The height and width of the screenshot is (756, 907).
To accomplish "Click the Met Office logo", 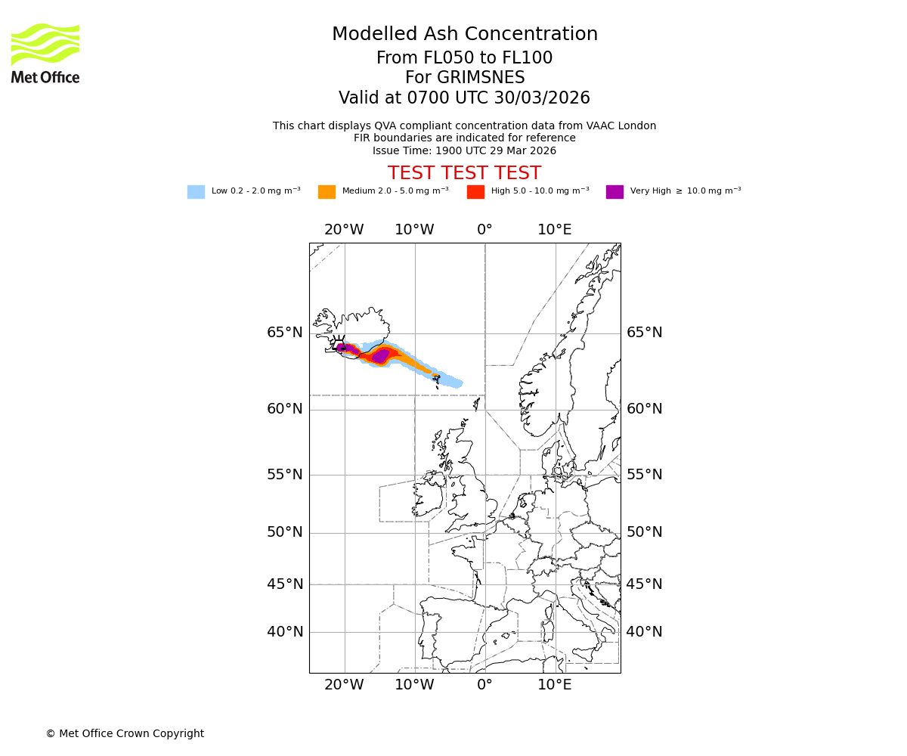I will pos(45,53).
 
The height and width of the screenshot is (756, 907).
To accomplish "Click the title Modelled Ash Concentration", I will pos(464,35).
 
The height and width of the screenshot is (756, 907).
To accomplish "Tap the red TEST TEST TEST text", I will pos(464,173).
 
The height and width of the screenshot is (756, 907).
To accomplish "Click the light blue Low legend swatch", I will pos(196,192).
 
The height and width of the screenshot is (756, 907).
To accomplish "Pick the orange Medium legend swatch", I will pos(327,192).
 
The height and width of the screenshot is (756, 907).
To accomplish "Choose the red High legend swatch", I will pos(475,192).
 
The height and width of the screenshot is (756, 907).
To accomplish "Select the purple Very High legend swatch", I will pos(614,192).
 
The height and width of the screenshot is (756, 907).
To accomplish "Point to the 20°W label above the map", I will pos(344,230).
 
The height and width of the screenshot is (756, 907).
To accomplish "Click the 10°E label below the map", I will pos(554,685).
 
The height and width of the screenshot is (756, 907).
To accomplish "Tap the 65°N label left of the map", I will pos(284,333).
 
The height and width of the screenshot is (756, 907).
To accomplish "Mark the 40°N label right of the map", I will pos(644,632).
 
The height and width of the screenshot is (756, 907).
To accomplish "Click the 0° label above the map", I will pos(484,230).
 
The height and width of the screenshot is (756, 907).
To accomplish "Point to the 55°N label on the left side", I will pos(284,475).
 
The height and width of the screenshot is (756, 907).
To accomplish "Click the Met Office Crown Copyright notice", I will pos(125,733).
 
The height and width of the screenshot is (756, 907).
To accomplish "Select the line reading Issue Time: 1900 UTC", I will pos(464,150).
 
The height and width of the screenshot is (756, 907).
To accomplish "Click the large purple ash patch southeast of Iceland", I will pos(381,355).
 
